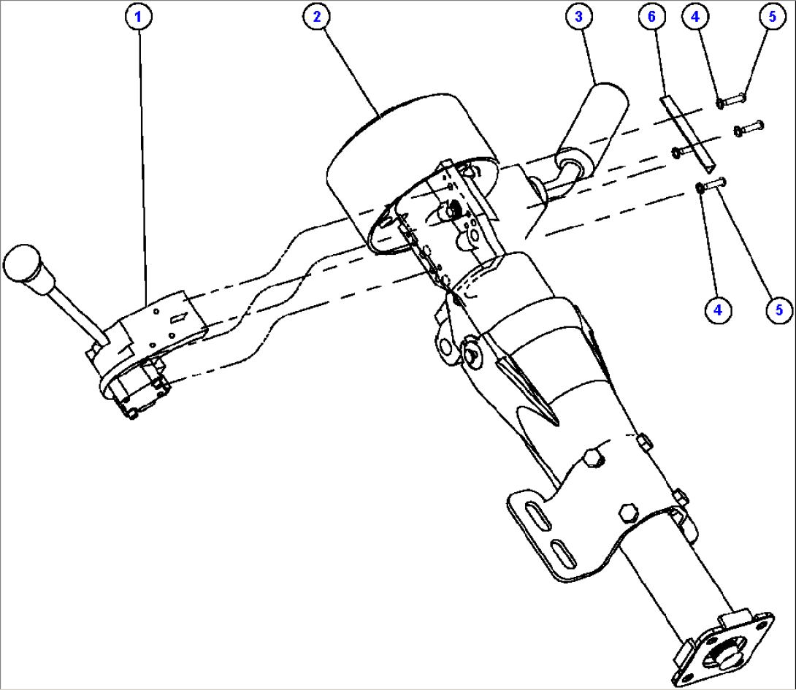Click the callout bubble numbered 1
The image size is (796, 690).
tap(137, 17)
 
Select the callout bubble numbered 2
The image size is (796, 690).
tap(317, 17)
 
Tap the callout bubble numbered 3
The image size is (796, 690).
tap(578, 17)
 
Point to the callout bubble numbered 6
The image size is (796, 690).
tap(652, 17)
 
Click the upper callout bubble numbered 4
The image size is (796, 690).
tap(695, 17)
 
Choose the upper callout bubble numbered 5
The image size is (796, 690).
tap(772, 17)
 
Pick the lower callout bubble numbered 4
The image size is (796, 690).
tap(718, 310)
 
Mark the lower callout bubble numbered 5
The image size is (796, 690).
tap(779, 310)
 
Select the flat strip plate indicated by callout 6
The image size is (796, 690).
tap(688, 132)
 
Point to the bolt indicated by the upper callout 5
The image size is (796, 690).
tap(732, 100)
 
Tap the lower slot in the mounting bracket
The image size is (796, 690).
tap(563, 553)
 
